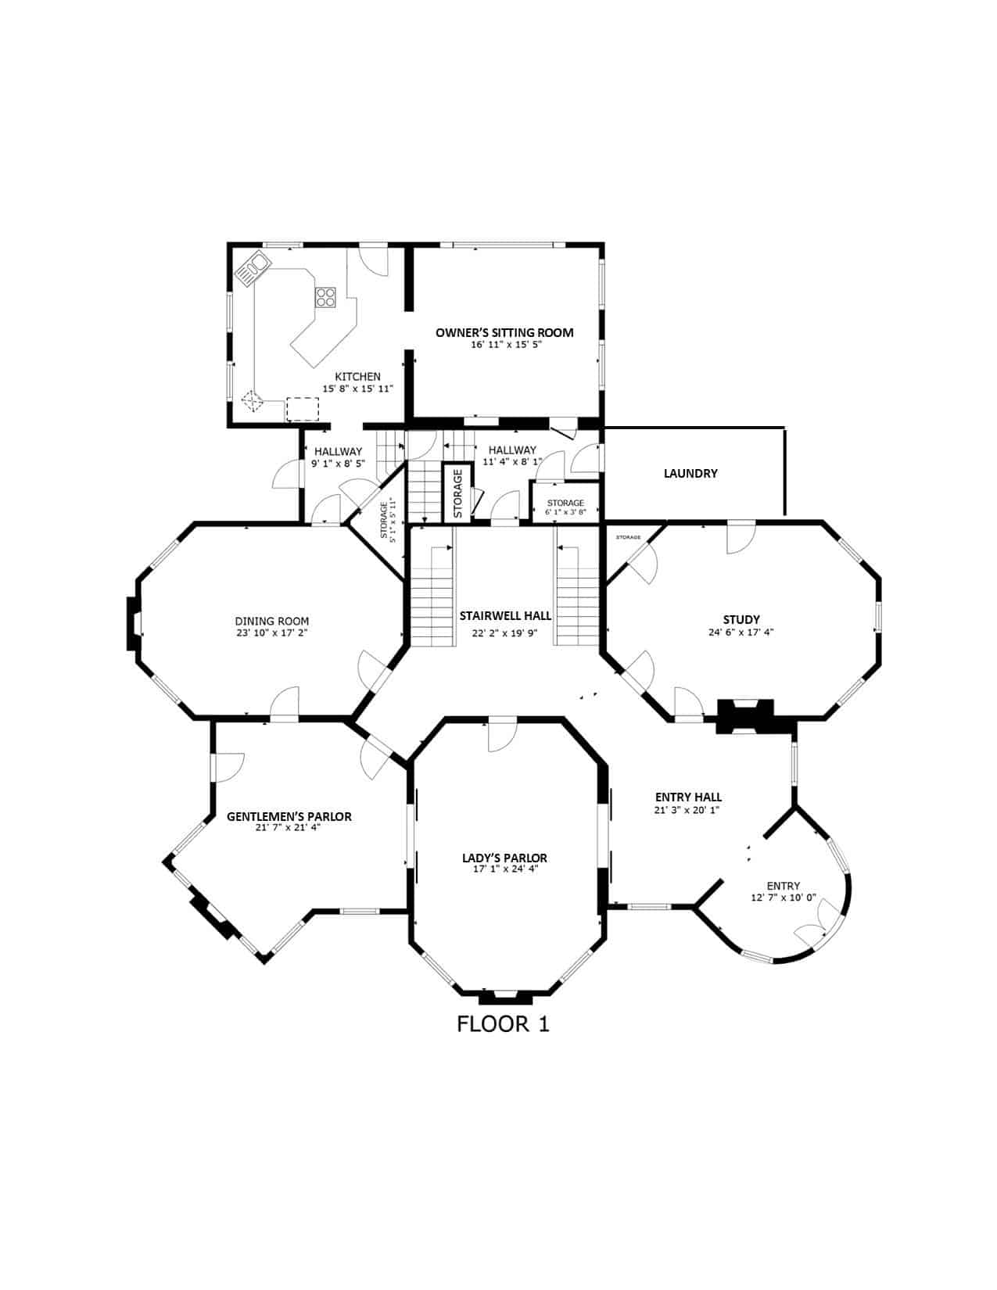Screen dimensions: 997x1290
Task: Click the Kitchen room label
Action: coord(357,376)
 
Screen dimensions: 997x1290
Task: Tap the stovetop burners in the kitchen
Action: coord(325,296)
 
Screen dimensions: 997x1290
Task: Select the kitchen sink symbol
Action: coord(253,269)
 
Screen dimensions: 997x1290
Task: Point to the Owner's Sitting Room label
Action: coord(504,332)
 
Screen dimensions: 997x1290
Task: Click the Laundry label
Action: coord(690,473)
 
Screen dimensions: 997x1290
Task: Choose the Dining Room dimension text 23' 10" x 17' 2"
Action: coord(272,632)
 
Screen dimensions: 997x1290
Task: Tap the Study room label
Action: coord(741,620)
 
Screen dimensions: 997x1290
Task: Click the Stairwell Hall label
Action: coord(504,615)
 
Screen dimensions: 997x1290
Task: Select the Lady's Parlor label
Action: coord(504,858)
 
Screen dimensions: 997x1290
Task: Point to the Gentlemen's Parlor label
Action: coord(289,816)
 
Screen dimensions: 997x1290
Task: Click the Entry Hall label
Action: coord(687,797)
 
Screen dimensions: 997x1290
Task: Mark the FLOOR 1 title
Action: coord(503,1024)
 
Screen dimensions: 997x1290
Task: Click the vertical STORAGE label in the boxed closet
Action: coord(457,493)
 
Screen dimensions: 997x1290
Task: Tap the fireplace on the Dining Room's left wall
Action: coord(132,623)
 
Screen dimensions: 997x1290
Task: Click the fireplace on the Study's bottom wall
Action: coord(746,716)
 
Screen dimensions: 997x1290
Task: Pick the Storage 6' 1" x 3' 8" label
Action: coord(565,507)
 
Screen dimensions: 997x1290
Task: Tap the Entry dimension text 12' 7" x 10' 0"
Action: coord(784,898)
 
